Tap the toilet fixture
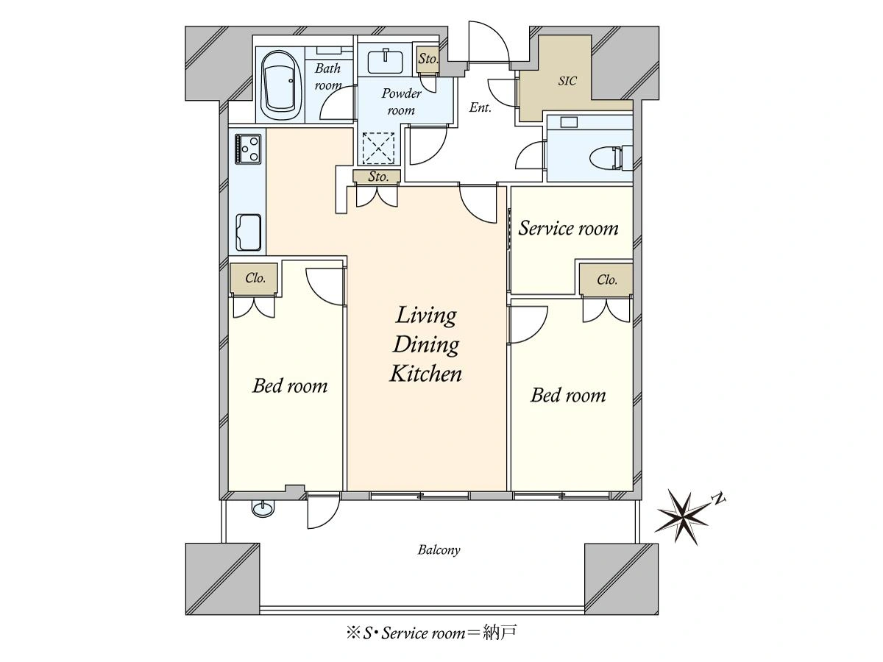tap(611, 157)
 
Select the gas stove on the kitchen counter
tap(248, 149)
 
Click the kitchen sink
tap(248, 232)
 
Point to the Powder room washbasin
tap(385, 62)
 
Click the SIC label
tap(567, 81)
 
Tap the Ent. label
tap(480, 107)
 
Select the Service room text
tap(568, 228)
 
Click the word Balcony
tap(439, 550)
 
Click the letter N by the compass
tap(719, 499)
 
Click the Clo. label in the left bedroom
tap(255, 278)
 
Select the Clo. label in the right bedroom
tap(606, 280)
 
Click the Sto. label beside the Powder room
tap(428, 59)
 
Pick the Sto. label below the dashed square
tap(377, 177)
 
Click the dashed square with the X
tap(378, 149)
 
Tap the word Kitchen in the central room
tap(425, 374)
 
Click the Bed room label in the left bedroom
tap(290, 386)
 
